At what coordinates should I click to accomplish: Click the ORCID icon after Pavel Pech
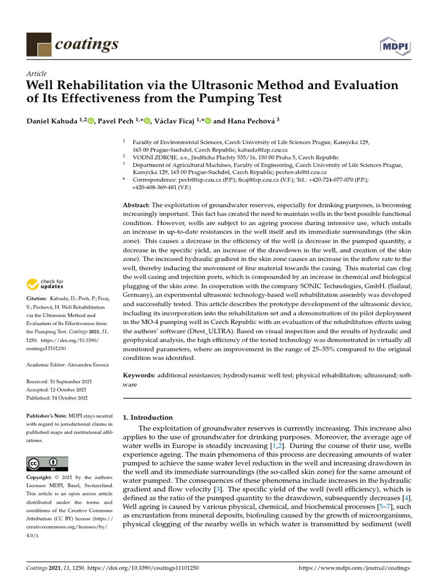pos(147,121)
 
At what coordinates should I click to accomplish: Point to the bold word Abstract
pos(137,205)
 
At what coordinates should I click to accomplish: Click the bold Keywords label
pos(140,375)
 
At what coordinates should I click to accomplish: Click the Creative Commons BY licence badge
pos(47,463)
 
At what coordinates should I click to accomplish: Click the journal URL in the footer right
pos(354,568)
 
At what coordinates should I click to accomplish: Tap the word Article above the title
pos(36,74)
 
